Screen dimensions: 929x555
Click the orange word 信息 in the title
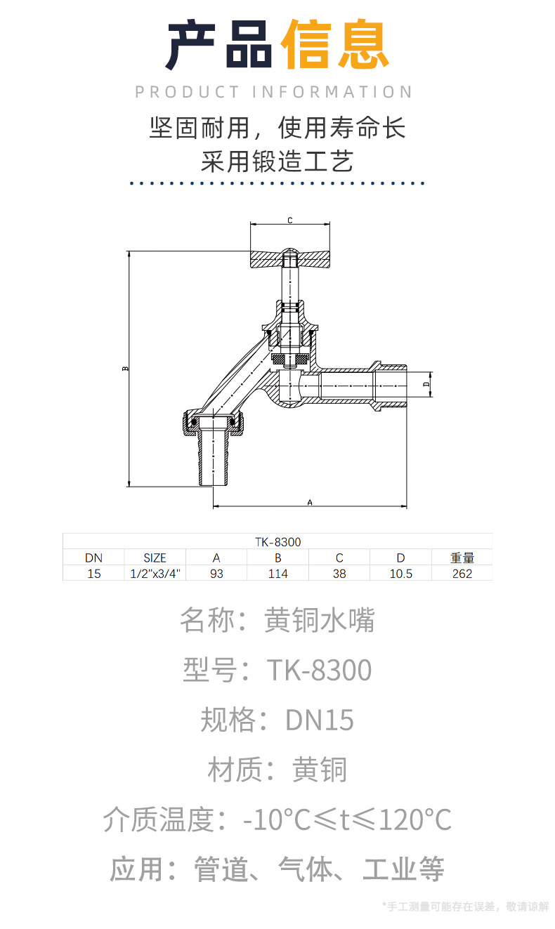tap(334, 46)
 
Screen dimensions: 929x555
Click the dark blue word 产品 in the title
tap(220, 46)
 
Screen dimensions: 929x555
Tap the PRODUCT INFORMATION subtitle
tap(274, 92)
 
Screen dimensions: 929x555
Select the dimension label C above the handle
tap(289, 220)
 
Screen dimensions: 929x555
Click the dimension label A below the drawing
tap(309, 501)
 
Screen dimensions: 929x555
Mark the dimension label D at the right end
tap(426, 385)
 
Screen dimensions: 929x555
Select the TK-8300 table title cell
tap(277, 542)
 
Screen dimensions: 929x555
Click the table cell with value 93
tap(216, 574)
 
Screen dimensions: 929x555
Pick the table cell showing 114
tap(277, 574)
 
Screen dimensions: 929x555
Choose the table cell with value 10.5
tap(400, 574)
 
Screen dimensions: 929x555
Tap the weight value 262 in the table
tap(462, 574)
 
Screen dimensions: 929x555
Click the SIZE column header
tap(155, 558)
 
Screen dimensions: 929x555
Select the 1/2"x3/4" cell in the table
tap(155, 574)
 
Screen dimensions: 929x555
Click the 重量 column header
tap(462, 558)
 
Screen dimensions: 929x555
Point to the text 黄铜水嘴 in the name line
tap(320, 620)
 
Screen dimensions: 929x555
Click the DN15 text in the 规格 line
tap(320, 720)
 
